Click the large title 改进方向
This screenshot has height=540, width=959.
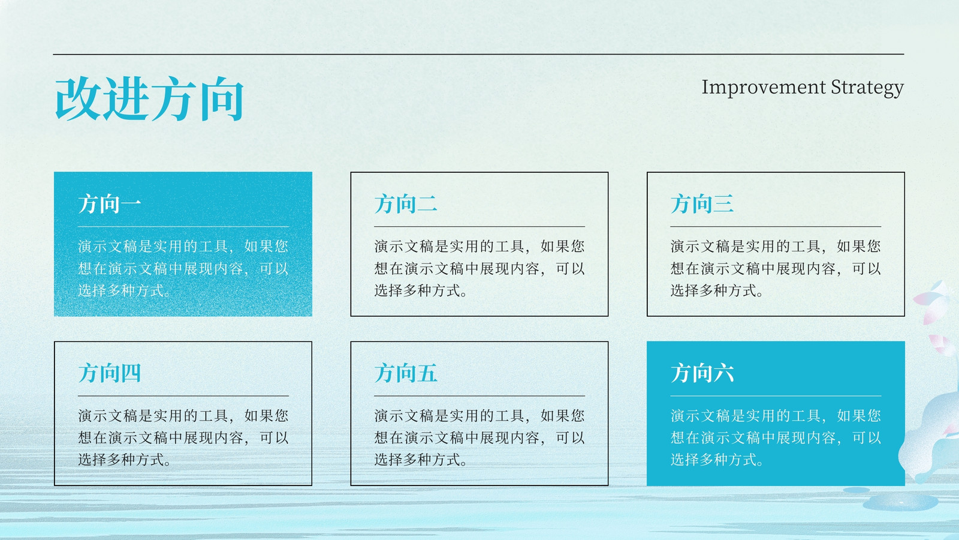click(149, 99)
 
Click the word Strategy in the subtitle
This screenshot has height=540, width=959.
click(867, 88)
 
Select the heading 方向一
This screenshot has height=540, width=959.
click(110, 203)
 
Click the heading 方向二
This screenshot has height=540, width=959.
click(406, 203)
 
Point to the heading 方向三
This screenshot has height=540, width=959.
click(702, 203)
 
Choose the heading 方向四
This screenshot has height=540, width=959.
click(110, 373)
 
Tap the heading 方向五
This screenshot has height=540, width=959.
click(406, 373)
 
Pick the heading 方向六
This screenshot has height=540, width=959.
click(702, 373)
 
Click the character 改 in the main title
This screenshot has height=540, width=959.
click(78, 99)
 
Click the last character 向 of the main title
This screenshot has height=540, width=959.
click(222, 99)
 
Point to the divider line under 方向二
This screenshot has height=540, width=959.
click(479, 226)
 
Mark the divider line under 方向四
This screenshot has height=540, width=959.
click(183, 395)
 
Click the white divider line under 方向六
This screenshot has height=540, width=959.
click(776, 395)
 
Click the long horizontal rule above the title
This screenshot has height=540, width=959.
click(479, 55)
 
